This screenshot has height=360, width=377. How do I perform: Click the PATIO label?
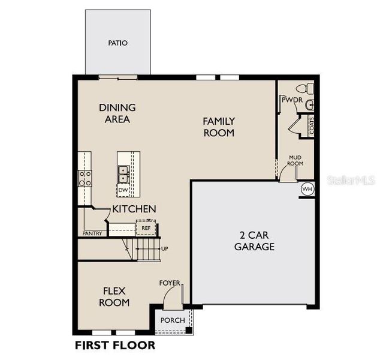tap(118, 43)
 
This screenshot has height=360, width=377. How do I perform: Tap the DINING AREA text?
tap(117, 113)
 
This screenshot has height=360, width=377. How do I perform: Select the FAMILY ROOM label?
tap(218, 127)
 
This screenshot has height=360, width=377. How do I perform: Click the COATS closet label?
tap(310, 126)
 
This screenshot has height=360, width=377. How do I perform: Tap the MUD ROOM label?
tap(295, 160)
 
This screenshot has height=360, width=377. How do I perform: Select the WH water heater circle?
tap(307, 189)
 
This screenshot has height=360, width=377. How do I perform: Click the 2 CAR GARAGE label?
tap(254, 241)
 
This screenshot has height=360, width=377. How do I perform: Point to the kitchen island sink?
tap(123, 174)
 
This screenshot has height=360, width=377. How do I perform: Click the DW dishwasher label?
tap(123, 190)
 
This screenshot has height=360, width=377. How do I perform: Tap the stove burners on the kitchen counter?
tap(85, 178)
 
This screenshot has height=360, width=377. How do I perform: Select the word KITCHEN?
tap(134, 209)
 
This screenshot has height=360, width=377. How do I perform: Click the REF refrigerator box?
tap(146, 228)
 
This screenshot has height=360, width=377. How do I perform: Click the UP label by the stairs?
tap(165, 248)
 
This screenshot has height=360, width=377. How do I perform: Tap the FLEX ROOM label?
tap(114, 296)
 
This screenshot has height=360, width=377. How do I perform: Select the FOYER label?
tap(169, 283)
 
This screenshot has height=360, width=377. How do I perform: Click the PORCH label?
tap(173, 320)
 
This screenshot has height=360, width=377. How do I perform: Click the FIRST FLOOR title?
tap(114, 345)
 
